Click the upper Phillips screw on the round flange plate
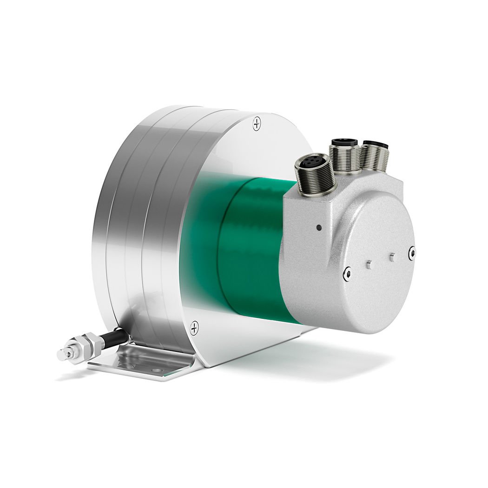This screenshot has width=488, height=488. [x=257, y=124]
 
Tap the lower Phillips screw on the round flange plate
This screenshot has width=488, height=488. [x=194, y=328]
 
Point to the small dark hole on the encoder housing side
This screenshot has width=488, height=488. [x=318, y=228]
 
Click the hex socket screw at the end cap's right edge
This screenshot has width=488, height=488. [x=411, y=253]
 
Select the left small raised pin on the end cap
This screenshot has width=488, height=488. [x=369, y=264]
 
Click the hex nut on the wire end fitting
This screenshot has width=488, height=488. [x=95, y=344]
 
